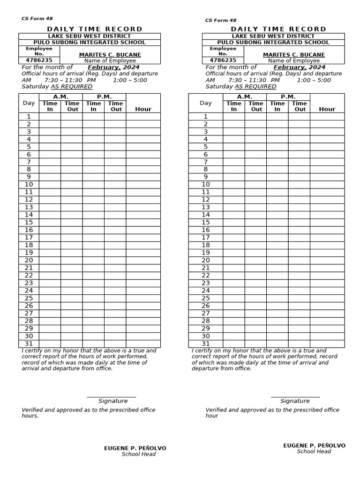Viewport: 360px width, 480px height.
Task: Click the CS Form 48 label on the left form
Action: [37, 19]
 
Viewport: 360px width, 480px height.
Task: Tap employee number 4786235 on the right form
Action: [223, 60]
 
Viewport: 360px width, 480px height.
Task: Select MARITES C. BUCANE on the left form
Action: [110, 55]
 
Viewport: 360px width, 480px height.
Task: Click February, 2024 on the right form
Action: [299, 67]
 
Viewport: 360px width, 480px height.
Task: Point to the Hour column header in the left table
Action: [143, 109]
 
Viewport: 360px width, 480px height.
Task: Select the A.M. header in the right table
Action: [244, 97]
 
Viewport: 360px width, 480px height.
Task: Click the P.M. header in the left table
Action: [104, 97]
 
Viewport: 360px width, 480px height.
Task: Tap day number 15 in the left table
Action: [29, 223]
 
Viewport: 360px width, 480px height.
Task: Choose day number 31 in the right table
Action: [205, 344]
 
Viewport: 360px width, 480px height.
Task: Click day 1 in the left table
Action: [29, 117]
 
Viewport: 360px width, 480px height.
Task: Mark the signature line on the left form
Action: [112, 397]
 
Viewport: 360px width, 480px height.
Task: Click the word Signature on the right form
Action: [295, 401]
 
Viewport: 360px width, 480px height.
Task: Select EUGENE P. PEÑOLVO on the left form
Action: [135, 449]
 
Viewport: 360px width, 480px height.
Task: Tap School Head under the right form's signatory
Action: [314, 451]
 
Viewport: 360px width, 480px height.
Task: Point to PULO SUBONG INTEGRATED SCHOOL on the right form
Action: [273, 43]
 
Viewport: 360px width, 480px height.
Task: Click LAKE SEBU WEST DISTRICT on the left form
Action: [89, 36]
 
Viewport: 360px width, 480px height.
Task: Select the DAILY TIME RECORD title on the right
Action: [278, 29]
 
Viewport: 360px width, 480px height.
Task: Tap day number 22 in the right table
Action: [205, 276]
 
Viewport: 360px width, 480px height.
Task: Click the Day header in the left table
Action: [29, 103]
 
